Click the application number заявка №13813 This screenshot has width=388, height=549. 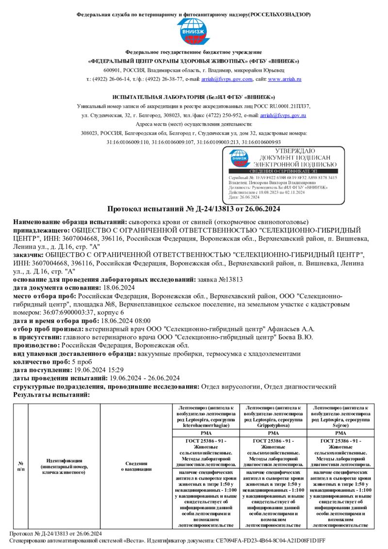click(x=221, y=280)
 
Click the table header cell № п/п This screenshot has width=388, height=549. click(x=21, y=466)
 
